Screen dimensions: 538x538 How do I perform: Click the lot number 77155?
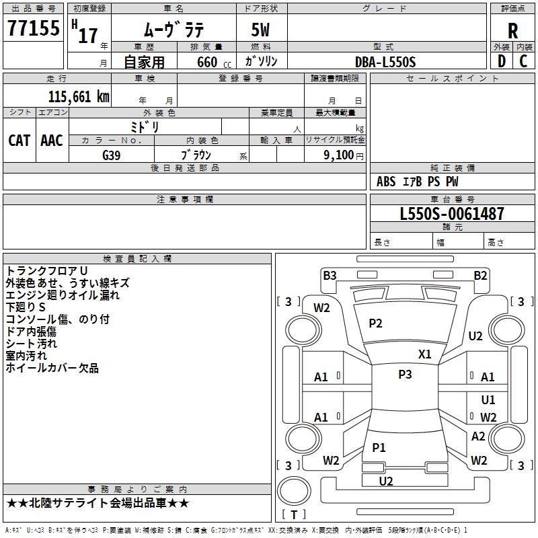[34, 28]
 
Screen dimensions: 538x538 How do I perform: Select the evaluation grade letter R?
[512, 30]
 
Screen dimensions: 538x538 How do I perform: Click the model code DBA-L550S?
[385, 62]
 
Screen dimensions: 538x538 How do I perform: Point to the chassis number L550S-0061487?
[451, 215]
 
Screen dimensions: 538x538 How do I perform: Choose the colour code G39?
[112, 155]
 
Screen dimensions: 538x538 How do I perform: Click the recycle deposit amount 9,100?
[338, 155]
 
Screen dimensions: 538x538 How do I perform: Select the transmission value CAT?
[19, 141]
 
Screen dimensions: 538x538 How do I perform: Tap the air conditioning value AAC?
[52, 141]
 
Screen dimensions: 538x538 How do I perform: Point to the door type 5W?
[262, 30]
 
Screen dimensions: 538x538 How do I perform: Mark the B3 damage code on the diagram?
[330, 275]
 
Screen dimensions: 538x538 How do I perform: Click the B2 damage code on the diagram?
[480, 275]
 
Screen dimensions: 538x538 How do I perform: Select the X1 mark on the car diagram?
[425, 354]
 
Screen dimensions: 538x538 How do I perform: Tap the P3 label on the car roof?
[405, 375]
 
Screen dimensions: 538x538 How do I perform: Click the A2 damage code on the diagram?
[478, 436]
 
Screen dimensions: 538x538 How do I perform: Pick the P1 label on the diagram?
[379, 447]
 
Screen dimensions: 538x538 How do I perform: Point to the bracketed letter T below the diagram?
[294, 514]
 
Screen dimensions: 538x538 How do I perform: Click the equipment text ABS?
[386, 182]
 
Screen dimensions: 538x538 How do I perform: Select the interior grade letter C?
[523, 61]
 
